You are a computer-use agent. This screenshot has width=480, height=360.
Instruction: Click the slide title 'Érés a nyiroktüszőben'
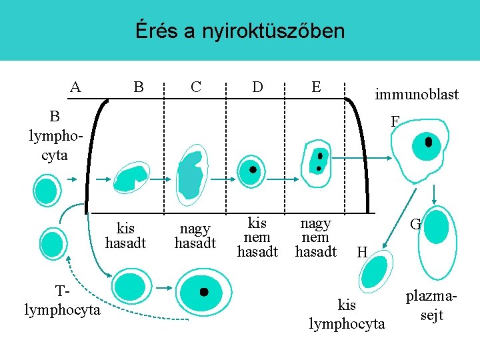(240, 31)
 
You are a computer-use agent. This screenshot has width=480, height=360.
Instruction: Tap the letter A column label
(76, 87)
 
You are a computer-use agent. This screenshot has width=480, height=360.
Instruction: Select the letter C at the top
(196, 87)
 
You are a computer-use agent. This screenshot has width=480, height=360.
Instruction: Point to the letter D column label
(257, 87)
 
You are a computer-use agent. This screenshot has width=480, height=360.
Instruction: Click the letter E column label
(316, 87)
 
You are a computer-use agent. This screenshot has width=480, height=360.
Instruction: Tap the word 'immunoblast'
(417, 95)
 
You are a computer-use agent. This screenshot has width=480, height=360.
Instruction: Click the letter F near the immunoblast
(395, 121)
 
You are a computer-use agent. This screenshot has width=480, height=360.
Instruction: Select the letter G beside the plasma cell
(415, 225)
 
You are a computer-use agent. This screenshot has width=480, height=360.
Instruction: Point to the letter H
(362, 252)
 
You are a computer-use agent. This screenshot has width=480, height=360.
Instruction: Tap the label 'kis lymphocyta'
(347, 315)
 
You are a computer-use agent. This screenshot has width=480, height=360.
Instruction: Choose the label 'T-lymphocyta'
(62, 301)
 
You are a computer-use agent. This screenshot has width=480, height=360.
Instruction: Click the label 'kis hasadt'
(125, 237)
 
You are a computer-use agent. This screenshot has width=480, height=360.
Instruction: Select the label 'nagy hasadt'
(195, 237)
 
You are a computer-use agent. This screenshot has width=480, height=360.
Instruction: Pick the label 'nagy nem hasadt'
(315, 237)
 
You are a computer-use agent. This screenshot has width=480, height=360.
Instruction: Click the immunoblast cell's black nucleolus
(429, 142)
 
